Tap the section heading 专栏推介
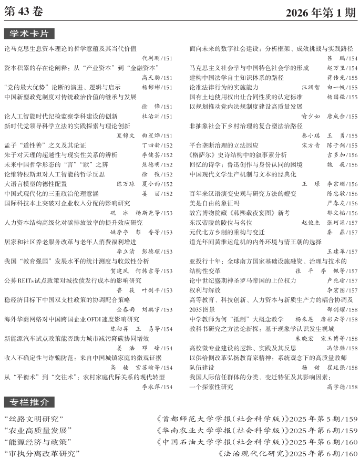point(29,402)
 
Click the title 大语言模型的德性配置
point(36,184)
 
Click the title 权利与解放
point(203,289)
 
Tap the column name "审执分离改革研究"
point(42,453)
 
